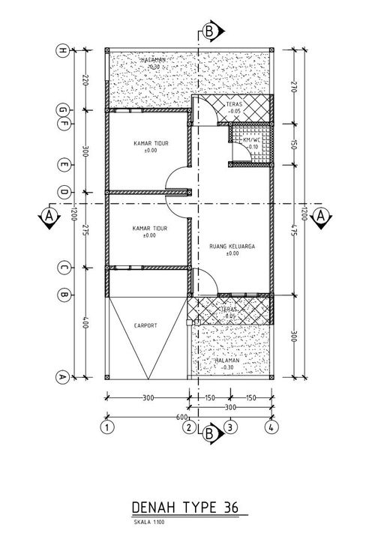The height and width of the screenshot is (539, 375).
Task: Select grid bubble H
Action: pos(63,51)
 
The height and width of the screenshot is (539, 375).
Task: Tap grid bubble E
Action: pos(63,164)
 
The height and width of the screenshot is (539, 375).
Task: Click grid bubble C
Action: pos(63,266)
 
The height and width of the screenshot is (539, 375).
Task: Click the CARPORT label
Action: pos(145,326)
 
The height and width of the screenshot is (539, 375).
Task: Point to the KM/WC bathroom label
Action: pos(251,139)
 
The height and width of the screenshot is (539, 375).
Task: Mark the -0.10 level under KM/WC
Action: pos(251,147)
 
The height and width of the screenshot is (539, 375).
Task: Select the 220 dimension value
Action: pos(86,80)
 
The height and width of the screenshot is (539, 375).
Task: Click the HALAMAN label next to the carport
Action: pos(226,361)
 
